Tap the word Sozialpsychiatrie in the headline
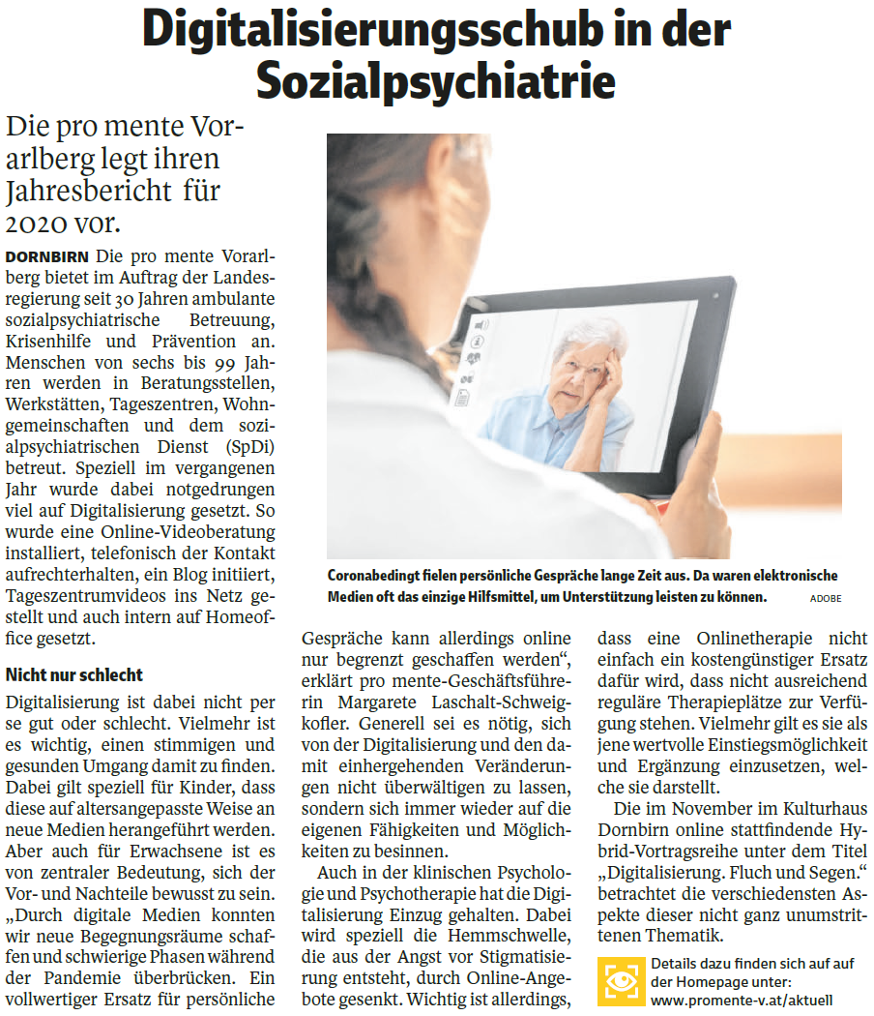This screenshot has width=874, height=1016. click(437, 81)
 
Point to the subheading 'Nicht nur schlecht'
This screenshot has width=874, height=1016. click(74, 674)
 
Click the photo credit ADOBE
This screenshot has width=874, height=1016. click(826, 599)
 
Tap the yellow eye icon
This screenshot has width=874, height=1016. click(621, 980)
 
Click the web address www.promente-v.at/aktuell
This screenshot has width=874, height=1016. click(742, 1000)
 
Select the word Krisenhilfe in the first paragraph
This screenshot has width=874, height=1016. click(46, 341)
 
